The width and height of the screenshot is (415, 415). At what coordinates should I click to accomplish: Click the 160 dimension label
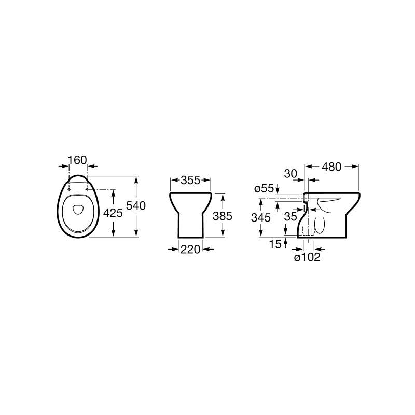[x=77, y=160]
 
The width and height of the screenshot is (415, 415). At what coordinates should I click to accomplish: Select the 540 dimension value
[x=136, y=205]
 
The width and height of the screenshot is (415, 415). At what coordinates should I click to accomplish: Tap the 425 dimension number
[x=113, y=213]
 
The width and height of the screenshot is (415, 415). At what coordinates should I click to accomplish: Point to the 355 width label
[x=190, y=180]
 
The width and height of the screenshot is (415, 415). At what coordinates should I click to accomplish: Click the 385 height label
[x=223, y=216]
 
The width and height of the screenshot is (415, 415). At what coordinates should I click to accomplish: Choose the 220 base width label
[x=190, y=250]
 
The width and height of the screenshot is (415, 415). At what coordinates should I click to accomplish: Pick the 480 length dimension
[x=331, y=167]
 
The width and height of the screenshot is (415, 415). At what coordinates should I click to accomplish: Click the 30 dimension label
[x=290, y=174]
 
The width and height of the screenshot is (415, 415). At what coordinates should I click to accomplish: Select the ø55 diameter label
[x=264, y=189]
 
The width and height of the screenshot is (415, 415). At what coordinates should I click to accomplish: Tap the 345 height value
[x=261, y=218]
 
